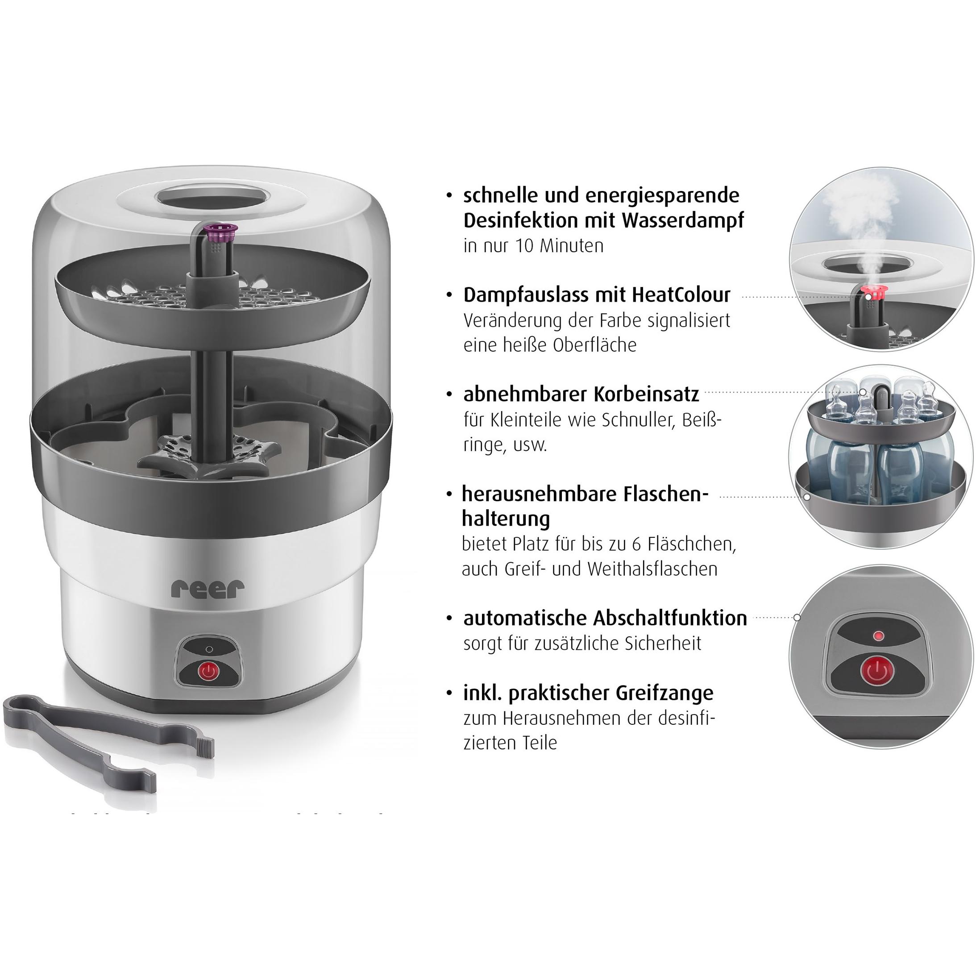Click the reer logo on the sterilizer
pos(208,589)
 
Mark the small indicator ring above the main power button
pos(210,650)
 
